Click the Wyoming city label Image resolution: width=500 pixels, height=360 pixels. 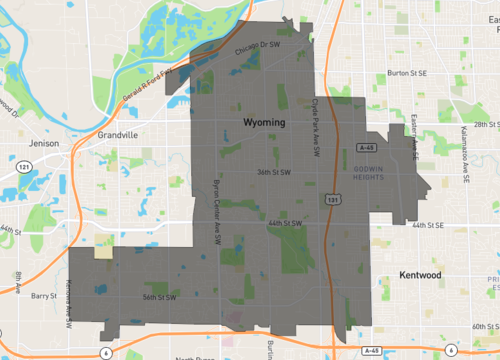click(264, 122)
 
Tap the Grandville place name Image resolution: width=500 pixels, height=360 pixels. click(118, 134)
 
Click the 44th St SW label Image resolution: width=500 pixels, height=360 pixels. click(284, 222)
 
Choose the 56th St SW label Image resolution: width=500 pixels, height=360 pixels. click(159, 297)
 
